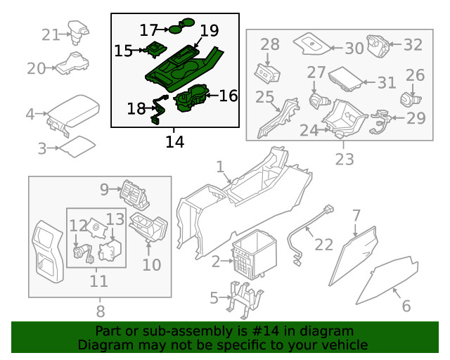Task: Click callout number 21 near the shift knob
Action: tap(51, 34)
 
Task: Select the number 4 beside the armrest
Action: tap(30, 114)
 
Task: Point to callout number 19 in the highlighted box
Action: tap(209, 30)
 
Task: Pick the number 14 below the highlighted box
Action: tap(174, 142)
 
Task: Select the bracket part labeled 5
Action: tap(240, 297)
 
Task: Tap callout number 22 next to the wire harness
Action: tap(323, 244)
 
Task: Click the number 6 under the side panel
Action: tap(406, 307)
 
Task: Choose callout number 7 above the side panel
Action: tap(356, 214)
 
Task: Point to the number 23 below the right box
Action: tap(344, 160)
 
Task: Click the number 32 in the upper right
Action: tap(413, 45)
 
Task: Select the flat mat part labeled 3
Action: tap(75, 146)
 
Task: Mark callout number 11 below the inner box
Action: tap(98, 281)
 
